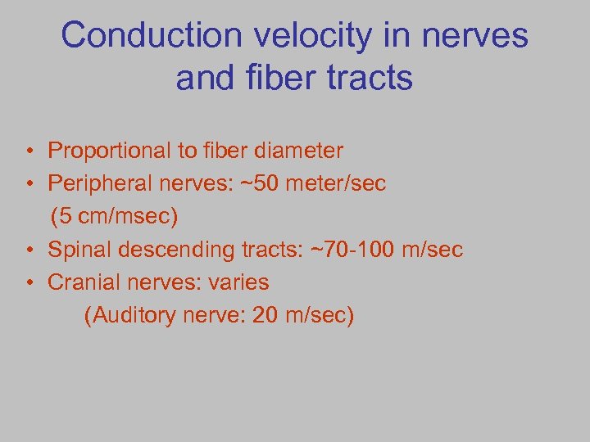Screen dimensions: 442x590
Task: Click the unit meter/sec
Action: coord(345,184)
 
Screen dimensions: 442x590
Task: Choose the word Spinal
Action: coord(77,250)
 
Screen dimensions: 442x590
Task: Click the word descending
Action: coord(162,250)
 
